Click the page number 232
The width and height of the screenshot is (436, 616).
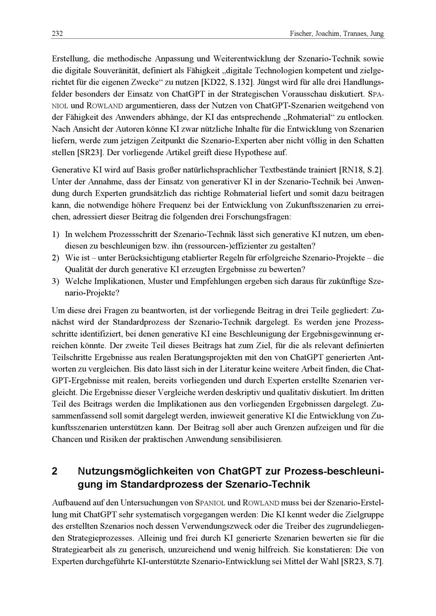coord(57,34)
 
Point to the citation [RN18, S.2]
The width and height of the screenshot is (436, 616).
coord(361,169)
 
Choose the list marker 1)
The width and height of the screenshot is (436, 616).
coord(55,235)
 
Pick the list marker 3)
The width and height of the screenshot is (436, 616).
coord(55,281)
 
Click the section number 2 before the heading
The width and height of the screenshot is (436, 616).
coord(54,471)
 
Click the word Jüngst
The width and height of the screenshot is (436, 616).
coord(272,82)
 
